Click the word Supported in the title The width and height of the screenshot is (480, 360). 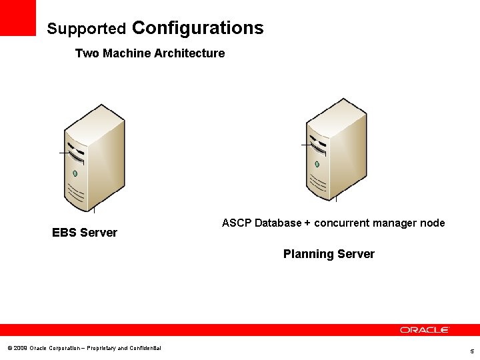pos(87,29)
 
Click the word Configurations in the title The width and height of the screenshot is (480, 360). pos(198,28)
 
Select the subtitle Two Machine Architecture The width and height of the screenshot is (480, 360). pos(150,53)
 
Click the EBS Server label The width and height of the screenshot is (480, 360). pos(85,233)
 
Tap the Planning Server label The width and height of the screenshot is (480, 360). pos(329,254)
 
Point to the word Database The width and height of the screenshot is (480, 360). pos(278,223)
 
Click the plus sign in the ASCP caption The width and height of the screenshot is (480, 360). pos(307,223)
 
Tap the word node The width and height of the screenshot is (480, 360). pos(433,223)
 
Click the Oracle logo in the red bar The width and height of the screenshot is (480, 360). pos(425,330)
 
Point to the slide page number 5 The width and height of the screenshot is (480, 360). pos(471,351)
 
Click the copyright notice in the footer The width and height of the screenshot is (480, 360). pos(84,348)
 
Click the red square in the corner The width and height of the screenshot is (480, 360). pos(18,17)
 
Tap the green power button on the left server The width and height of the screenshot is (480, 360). pos(75,173)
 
